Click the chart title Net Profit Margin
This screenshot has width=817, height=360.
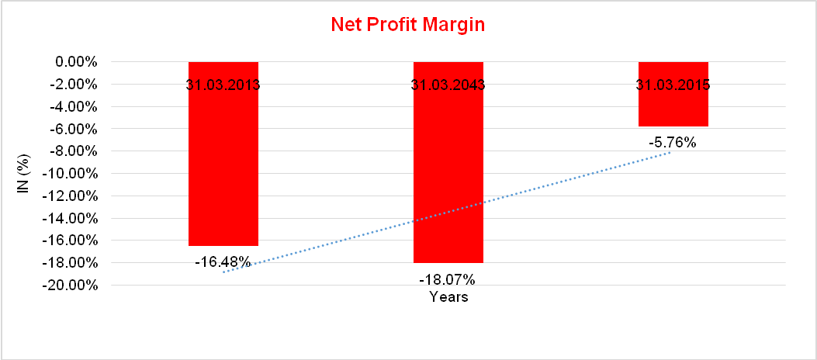pyautogui.click(x=407, y=25)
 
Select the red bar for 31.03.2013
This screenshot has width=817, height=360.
pyautogui.click(x=223, y=171)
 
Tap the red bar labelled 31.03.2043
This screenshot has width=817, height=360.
pyautogui.click(x=448, y=178)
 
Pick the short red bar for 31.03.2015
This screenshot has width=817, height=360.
pyautogui.click(x=673, y=109)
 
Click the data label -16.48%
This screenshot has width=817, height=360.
pyautogui.click(x=223, y=262)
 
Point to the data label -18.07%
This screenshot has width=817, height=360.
pyautogui.click(x=447, y=279)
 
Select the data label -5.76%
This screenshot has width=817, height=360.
pyautogui.click(x=673, y=143)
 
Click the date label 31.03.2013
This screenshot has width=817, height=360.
pyautogui.click(x=223, y=85)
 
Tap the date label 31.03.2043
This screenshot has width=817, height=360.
pyautogui.click(x=448, y=85)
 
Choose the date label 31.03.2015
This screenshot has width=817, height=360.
pyautogui.click(x=673, y=85)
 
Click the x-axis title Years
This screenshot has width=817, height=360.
pyautogui.click(x=448, y=297)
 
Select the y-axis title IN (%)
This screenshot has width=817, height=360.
pyautogui.click(x=23, y=173)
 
